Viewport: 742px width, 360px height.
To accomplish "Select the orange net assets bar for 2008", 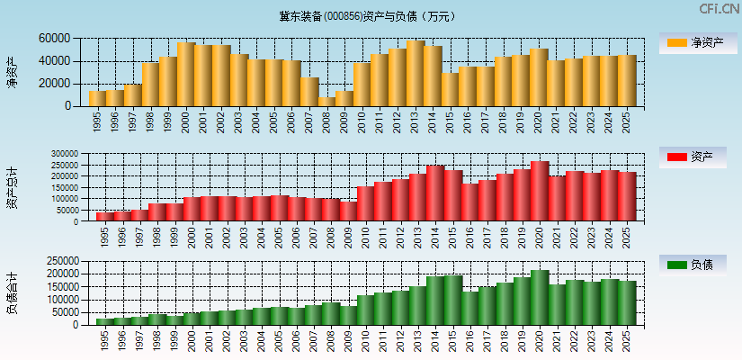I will [x=326, y=102].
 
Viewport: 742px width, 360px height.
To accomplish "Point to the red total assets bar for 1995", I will [x=104, y=216].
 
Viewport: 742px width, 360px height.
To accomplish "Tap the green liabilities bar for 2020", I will [x=539, y=297].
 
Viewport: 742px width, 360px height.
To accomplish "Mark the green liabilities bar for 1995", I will [x=104, y=321].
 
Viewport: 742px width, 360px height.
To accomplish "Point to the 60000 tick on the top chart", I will [x=55, y=39].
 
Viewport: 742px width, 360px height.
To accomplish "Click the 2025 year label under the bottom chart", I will [x=627, y=340].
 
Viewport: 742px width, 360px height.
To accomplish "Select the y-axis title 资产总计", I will [x=12, y=187].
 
